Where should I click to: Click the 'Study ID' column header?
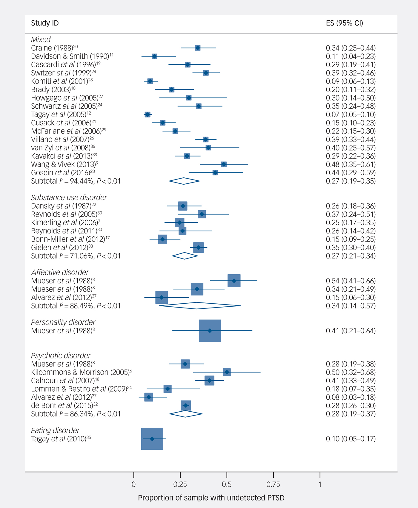[x=45, y=23]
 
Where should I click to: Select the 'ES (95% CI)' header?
[x=344, y=23]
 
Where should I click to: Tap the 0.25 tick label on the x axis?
[x=180, y=484]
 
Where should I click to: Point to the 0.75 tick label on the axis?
[x=273, y=484]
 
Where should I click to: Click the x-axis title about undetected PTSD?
[x=211, y=498]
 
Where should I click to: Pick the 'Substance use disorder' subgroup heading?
[x=69, y=197]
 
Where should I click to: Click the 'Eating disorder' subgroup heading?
[x=55, y=431]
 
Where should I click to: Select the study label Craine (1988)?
[x=52, y=48]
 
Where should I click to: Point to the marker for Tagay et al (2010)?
[x=152, y=439]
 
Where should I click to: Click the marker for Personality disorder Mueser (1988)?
[x=210, y=331]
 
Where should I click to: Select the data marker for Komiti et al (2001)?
[x=150, y=81]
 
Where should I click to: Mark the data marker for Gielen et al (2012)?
[x=199, y=247]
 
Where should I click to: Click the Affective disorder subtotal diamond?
[x=197, y=306]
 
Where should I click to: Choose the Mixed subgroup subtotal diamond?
[x=184, y=181]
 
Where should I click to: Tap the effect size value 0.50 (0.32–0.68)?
[x=351, y=372]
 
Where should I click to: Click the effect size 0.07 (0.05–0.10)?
[x=351, y=115]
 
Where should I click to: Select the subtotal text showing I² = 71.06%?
[x=76, y=256]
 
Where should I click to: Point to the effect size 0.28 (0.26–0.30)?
[x=351, y=405]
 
